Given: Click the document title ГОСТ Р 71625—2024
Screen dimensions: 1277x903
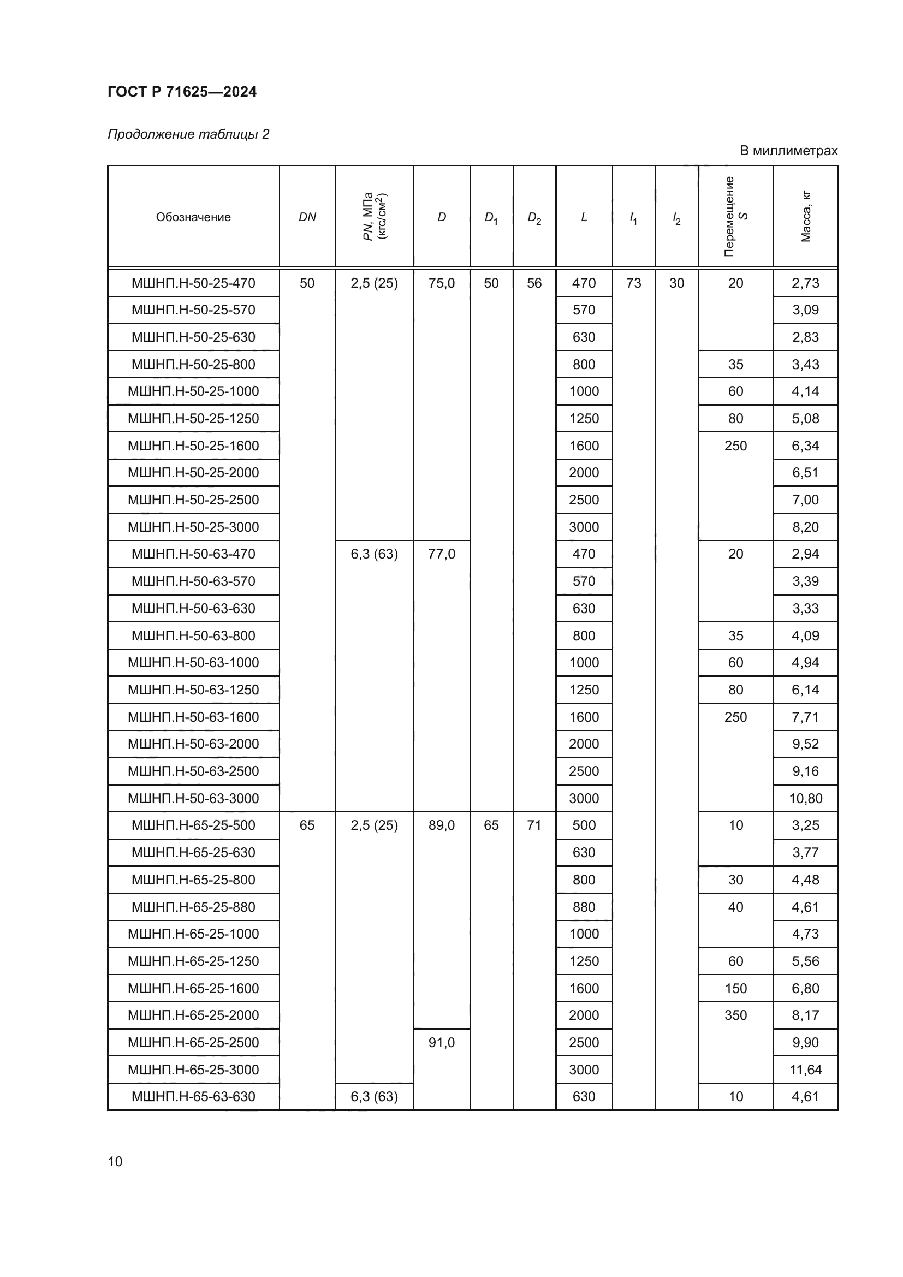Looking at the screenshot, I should (x=182, y=92).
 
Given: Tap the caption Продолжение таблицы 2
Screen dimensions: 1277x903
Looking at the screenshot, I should (x=188, y=134).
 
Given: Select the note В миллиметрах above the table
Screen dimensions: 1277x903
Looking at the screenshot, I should (x=788, y=151).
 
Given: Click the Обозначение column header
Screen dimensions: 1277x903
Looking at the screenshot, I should (x=193, y=217).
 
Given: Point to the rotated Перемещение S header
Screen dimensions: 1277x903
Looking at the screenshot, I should (x=735, y=216).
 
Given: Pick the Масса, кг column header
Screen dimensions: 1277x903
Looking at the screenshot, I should (x=806, y=216).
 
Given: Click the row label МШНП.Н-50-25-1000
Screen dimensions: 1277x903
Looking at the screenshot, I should (x=193, y=391).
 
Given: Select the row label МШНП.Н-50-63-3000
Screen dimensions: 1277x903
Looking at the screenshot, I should (x=193, y=798).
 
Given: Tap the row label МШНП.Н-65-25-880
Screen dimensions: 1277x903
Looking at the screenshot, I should (x=193, y=907).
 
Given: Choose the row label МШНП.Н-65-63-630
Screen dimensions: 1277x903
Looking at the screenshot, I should (x=193, y=1097).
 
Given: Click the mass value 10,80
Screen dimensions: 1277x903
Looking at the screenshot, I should (x=805, y=798).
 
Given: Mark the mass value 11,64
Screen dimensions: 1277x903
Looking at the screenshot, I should (x=805, y=1070).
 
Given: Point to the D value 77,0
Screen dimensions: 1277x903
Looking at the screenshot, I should (x=442, y=554).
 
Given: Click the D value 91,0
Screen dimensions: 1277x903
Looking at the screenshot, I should (x=442, y=1042).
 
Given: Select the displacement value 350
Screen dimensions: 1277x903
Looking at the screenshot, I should (x=735, y=1015).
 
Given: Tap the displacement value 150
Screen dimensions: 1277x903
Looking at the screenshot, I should (x=735, y=988).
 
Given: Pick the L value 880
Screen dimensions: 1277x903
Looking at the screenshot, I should (x=584, y=907).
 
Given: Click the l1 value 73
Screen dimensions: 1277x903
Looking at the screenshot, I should (x=633, y=283).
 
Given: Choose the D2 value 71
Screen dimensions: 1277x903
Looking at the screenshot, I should (x=534, y=825).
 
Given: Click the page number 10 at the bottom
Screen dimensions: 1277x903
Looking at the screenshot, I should (x=115, y=1161).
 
